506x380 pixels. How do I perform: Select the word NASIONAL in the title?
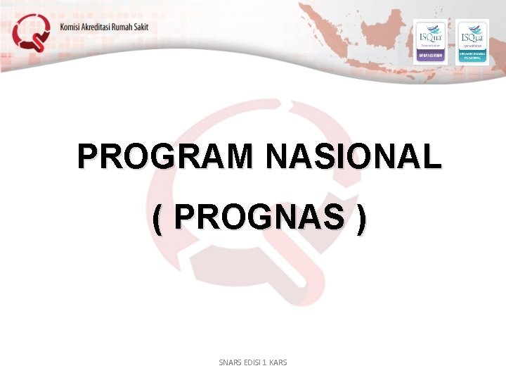click(353, 157)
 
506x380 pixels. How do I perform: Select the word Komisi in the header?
click(72, 27)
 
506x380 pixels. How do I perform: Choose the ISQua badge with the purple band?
click(430, 42)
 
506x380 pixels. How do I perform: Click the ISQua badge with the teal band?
click(472, 42)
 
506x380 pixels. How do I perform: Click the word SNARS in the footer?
click(231, 362)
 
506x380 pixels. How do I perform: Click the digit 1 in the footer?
click(267, 362)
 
